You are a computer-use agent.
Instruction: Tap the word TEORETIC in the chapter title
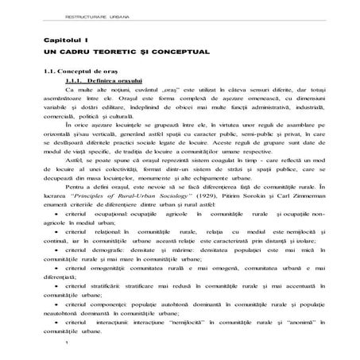point(120,51)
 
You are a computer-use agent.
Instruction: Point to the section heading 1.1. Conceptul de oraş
point(80,72)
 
